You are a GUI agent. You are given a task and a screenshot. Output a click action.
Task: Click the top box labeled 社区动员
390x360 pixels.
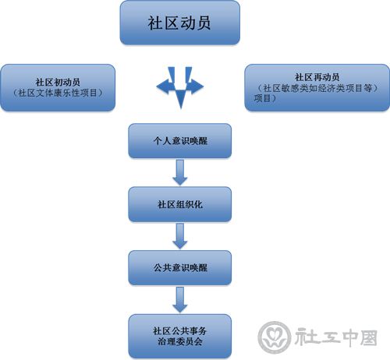pyautogui.click(x=179, y=23)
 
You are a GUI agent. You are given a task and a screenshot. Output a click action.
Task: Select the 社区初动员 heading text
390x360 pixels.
pyautogui.click(x=58, y=82)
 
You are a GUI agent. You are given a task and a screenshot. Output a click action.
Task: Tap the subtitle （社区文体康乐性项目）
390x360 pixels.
pyautogui.click(x=58, y=93)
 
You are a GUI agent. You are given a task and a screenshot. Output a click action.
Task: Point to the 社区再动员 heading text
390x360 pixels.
pyautogui.click(x=317, y=77)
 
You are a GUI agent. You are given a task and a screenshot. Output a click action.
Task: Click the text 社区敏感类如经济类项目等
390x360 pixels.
pyautogui.click(x=317, y=88)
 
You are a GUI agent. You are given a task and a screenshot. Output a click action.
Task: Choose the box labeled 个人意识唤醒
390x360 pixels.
pyautogui.click(x=179, y=140)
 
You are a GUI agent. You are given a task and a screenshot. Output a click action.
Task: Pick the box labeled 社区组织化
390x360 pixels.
pyautogui.click(x=179, y=204)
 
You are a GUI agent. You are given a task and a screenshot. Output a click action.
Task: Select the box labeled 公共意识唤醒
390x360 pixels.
pyautogui.click(x=179, y=267)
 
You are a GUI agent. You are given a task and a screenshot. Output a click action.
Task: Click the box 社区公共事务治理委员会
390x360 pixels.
pyautogui.click(x=179, y=336)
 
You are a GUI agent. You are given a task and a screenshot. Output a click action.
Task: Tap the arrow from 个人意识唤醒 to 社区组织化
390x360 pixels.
pyautogui.click(x=180, y=172)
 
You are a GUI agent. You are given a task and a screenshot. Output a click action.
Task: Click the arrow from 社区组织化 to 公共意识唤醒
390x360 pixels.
pyautogui.click(x=180, y=236)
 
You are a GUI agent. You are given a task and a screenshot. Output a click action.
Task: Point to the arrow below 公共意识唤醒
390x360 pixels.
pyautogui.click(x=180, y=299)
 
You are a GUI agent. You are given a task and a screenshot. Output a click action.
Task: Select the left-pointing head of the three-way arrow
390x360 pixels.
pyautogui.click(x=161, y=86)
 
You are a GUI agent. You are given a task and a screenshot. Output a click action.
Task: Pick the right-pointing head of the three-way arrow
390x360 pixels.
pyautogui.click(x=197, y=86)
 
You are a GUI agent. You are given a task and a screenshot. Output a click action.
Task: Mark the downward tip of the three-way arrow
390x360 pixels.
pyautogui.click(x=181, y=108)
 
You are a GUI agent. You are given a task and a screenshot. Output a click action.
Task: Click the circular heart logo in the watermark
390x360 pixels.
pyautogui.click(x=275, y=337)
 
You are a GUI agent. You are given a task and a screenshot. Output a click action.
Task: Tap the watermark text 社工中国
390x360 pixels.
pyautogui.click(x=336, y=337)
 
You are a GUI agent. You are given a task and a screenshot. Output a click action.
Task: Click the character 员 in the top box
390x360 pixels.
pyautogui.click(x=204, y=23)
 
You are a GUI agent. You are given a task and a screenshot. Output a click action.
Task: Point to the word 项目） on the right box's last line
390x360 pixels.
pyautogui.click(x=264, y=98)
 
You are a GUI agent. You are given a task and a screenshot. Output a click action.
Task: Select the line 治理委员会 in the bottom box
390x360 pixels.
pyautogui.click(x=180, y=341)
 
